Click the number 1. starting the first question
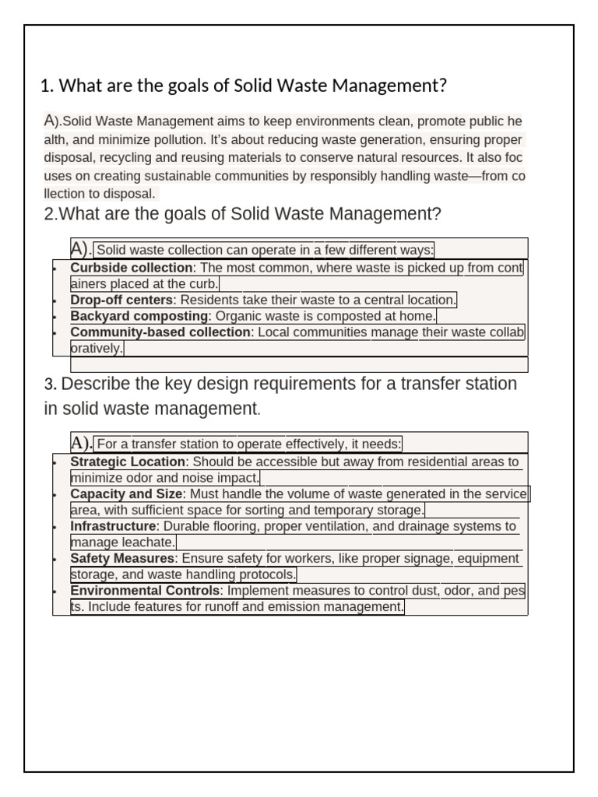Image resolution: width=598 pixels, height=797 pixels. click(47, 86)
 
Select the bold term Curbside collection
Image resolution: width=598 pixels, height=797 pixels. click(131, 268)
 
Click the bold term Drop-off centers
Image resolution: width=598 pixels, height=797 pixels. click(121, 300)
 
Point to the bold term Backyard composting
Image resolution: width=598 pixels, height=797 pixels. click(139, 316)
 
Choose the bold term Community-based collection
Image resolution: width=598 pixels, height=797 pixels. click(160, 332)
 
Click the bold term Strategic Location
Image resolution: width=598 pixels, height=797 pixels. click(128, 462)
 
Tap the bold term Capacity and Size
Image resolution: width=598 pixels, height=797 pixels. click(127, 493)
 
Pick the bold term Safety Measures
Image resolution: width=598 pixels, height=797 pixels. click(122, 558)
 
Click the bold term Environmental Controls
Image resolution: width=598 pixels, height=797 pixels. click(145, 591)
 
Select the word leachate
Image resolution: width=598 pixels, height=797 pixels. click(150, 542)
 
